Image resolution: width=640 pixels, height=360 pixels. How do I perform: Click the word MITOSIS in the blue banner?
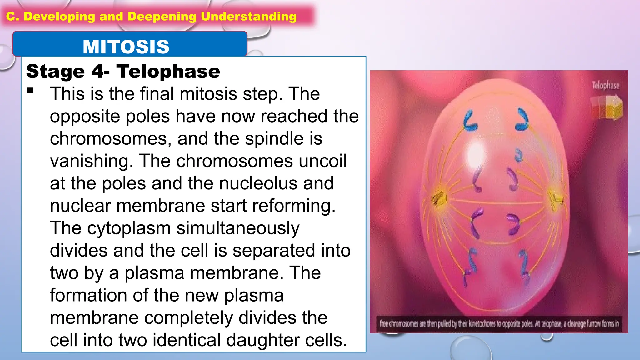pos(126,47)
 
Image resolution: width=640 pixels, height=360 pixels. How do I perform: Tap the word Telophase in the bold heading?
pos(168,71)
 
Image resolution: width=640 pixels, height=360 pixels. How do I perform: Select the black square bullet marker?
pos(30,91)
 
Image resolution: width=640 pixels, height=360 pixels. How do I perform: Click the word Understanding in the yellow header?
pos(248,17)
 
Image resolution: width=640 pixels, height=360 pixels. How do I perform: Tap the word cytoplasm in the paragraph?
pos(129,228)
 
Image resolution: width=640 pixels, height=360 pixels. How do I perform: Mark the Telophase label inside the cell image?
pos(605,85)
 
